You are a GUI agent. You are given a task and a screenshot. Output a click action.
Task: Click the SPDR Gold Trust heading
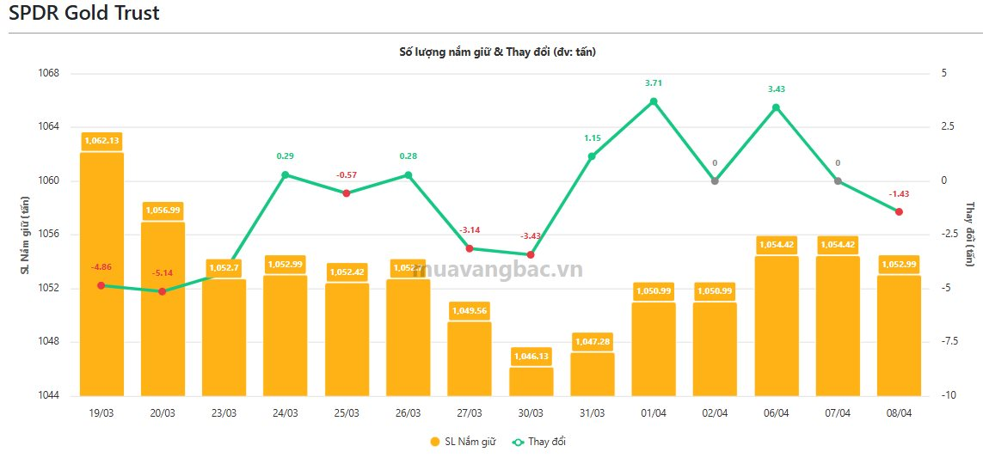click(84, 14)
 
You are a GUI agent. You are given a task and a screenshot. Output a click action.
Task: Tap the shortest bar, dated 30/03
click(531, 382)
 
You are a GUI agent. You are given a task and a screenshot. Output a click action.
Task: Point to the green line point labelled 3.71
click(654, 101)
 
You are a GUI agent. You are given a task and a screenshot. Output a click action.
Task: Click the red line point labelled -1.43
click(899, 211)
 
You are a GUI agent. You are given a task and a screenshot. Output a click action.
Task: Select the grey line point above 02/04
click(715, 180)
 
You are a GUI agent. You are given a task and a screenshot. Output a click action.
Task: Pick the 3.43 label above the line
click(777, 89)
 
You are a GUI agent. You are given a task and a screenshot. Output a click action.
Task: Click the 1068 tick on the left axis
click(50, 73)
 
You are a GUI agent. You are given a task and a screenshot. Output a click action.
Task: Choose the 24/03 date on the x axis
click(286, 413)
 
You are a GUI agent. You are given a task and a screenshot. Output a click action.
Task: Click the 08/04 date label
click(899, 413)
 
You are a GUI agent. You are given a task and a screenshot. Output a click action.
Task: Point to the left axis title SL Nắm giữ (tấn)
click(26, 235)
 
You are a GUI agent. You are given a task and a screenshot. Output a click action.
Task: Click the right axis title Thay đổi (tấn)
click(969, 234)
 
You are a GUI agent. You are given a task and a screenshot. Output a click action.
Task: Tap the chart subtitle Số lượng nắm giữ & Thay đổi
click(497, 52)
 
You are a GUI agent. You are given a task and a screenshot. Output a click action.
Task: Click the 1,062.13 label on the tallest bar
click(101, 140)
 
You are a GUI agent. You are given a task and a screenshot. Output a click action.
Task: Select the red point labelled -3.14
click(470, 248)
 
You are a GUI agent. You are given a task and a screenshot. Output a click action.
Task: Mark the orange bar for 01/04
click(654, 348)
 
